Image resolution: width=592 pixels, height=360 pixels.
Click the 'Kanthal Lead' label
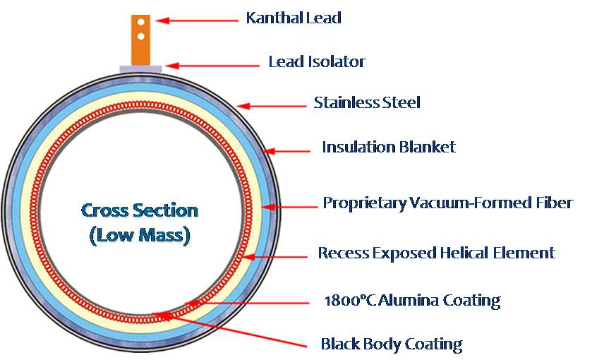(x=293, y=18)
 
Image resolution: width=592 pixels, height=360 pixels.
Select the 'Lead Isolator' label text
(x=317, y=61)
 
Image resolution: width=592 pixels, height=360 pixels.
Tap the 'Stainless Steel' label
(x=367, y=102)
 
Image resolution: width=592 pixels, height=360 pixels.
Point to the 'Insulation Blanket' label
(x=389, y=147)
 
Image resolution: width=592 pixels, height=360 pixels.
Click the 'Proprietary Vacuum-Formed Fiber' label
(x=447, y=203)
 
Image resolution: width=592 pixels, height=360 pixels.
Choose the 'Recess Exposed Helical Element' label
(x=436, y=253)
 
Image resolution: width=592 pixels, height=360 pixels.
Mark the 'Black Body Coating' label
(x=391, y=344)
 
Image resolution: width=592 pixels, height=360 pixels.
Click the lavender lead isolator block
(x=140, y=68)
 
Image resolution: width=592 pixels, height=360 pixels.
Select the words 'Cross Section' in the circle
(x=140, y=210)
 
